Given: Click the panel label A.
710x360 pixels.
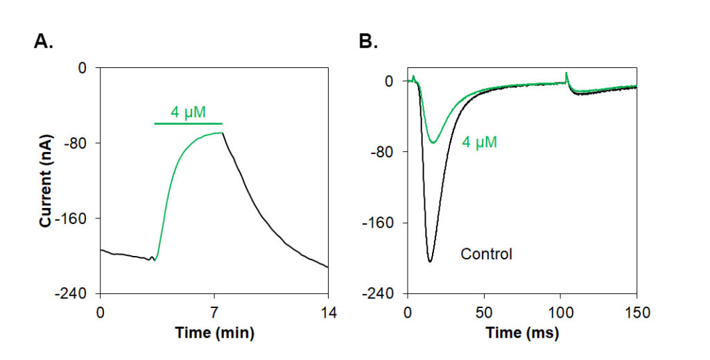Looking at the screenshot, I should tap(43, 42).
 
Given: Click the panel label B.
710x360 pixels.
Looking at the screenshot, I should tap(367, 42).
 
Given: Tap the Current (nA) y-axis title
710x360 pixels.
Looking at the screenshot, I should tap(45, 181).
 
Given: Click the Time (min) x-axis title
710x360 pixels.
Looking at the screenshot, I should tap(214, 333).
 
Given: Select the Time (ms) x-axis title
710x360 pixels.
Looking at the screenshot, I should tap(522, 333).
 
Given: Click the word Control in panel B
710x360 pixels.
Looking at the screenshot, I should tap(486, 255).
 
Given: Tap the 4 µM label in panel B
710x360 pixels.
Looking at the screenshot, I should tap(480, 143).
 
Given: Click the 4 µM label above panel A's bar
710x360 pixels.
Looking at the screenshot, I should tap(189, 111).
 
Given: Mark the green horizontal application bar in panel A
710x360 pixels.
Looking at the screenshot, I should tap(188, 123).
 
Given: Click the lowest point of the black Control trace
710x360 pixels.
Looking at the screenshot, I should tap(430, 262).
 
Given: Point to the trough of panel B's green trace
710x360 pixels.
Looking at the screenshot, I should tap(433, 143).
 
